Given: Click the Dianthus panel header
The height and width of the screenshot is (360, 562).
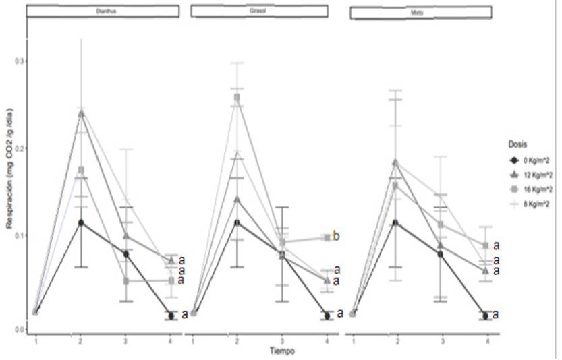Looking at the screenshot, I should [x=103, y=11].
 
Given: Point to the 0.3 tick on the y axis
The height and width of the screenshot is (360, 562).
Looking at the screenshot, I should [x=18, y=61].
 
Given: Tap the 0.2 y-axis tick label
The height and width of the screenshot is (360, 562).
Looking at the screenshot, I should [x=18, y=148].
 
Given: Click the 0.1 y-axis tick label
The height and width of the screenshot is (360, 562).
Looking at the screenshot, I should [x=18, y=235].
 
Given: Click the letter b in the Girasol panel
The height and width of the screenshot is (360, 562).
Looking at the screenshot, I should [x=336, y=237].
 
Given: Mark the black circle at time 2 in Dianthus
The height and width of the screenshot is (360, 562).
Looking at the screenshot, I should [x=81, y=222].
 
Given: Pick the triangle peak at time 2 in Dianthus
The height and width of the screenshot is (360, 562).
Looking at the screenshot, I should [x=81, y=113].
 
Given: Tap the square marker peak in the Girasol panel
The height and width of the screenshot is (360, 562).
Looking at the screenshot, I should [x=237, y=97].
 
